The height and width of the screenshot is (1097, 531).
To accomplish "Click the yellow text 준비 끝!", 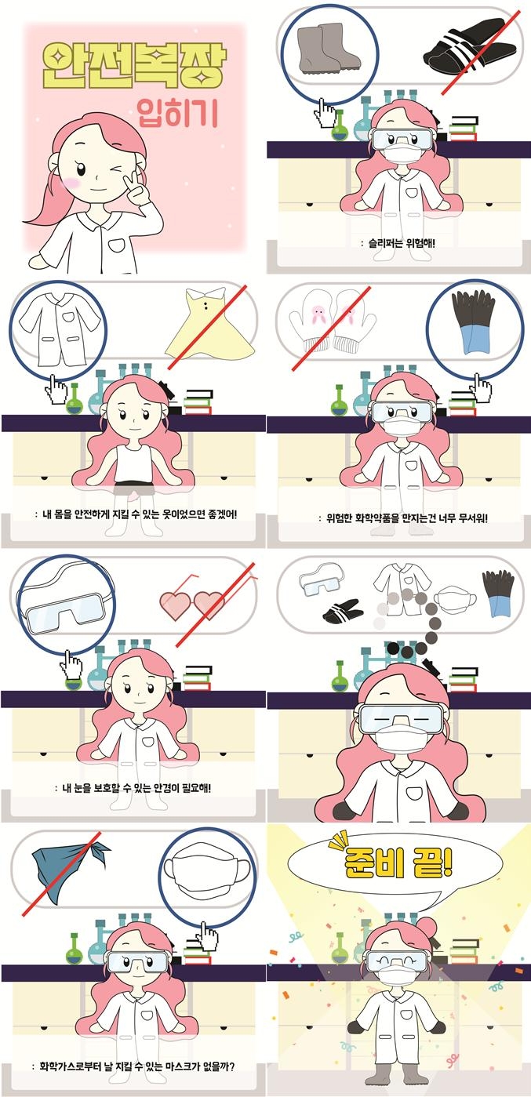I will [x=398, y=861].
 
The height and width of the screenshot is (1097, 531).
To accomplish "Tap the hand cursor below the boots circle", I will [x=324, y=112].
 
